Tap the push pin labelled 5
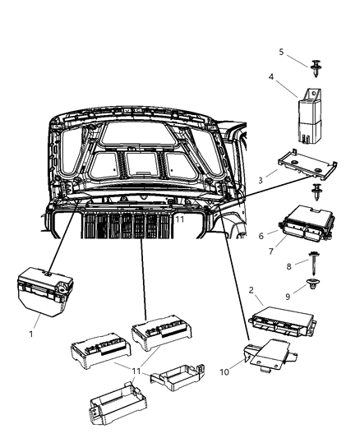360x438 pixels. click(317, 67)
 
